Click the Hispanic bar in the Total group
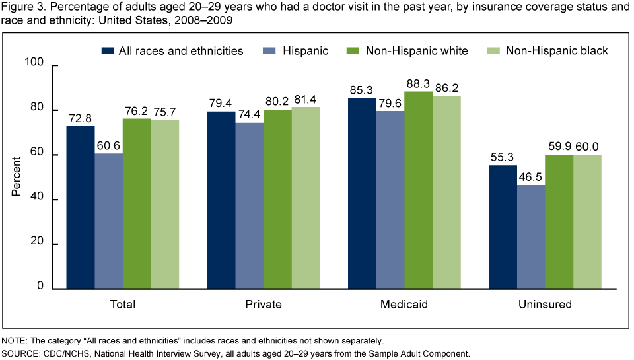pyautogui.click(x=108, y=221)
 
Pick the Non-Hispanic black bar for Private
pyautogui.click(x=306, y=198)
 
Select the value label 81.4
pyautogui.click(x=306, y=98)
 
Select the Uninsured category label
pyautogui.click(x=546, y=305)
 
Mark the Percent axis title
pyautogui.click(x=17, y=176)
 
